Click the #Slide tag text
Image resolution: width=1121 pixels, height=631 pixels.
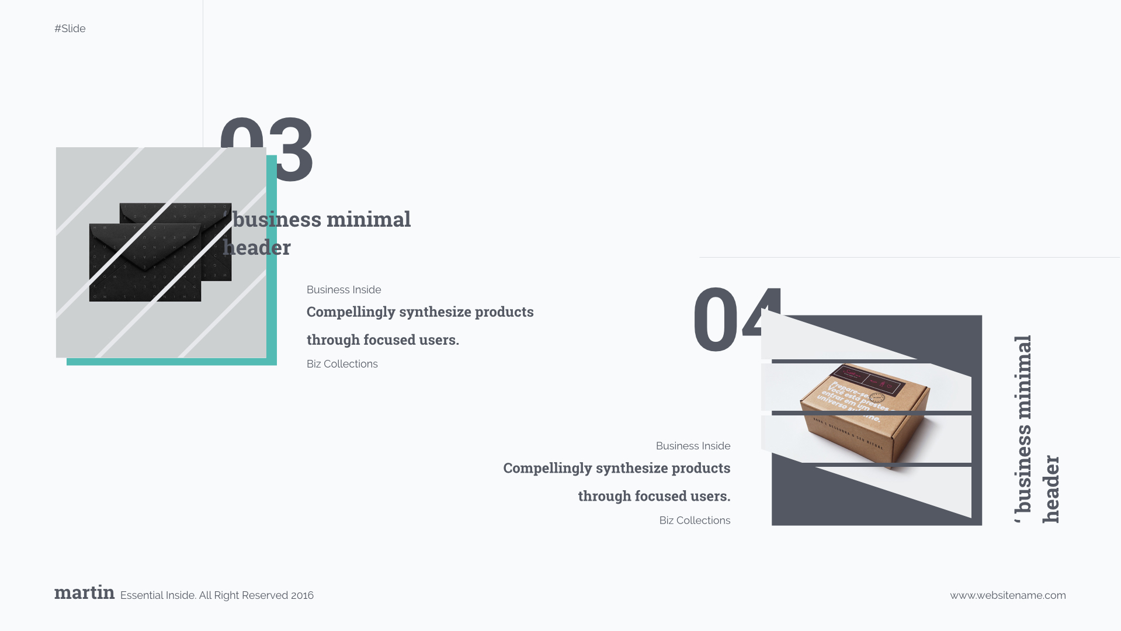pos(70,29)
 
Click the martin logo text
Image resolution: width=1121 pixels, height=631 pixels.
pos(84,592)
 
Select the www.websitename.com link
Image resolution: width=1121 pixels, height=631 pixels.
pos(1008,595)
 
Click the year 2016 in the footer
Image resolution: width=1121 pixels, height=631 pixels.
pos(302,595)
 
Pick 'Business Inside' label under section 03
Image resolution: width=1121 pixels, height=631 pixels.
pos(343,290)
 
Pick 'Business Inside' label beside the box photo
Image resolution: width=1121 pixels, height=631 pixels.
pos(693,446)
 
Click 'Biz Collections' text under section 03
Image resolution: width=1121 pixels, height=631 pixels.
pos(342,364)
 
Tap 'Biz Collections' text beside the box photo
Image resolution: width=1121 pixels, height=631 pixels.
pos(695,521)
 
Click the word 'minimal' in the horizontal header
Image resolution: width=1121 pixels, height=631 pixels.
pos(368,220)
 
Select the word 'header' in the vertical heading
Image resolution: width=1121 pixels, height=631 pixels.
pos(1051,489)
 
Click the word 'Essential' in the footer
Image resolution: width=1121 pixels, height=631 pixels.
pos(141,595)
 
